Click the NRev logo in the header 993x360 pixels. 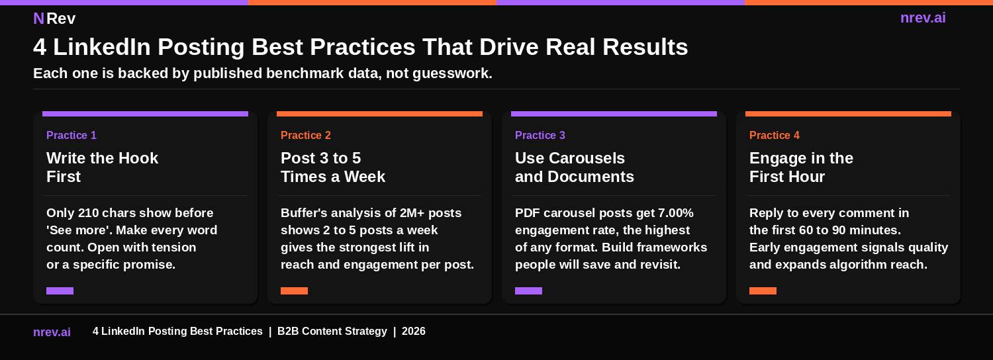tap(54, 19)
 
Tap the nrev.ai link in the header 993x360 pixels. tap(923, 18)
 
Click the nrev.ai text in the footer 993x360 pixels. tap(52, 332)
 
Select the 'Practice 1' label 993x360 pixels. tap(71, 136)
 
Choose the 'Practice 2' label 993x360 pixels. tap(306, 136)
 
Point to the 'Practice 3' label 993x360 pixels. tap(540, 136)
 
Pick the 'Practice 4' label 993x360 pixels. tap(775, 136)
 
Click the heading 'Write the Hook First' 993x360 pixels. tap(102, 167)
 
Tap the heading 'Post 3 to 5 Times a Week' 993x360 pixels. tap(332, 167)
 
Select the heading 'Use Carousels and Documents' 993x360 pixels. tap(574, 167)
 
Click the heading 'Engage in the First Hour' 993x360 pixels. tap(801, 167)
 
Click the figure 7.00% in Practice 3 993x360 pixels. tap(675, 213)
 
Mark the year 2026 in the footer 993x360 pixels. tap(414, 332)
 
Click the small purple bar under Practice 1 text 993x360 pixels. tap(60, 291)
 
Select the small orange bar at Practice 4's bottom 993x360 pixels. tap(763, 291)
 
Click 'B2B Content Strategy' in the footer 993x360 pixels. tap(332, 332)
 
